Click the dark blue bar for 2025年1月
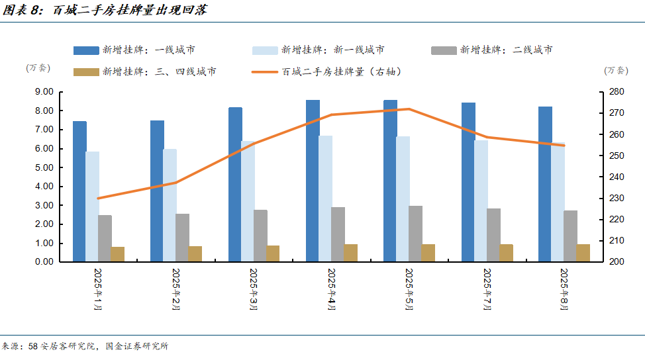click(x=79, y=191)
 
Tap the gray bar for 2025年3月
click(x=260, y=236)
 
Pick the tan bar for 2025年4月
click(x=350, y=253)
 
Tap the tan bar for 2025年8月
click(x=583, y=253)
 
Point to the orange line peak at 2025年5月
click(x=409, y=109)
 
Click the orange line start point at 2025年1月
click(x=98, y=198)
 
